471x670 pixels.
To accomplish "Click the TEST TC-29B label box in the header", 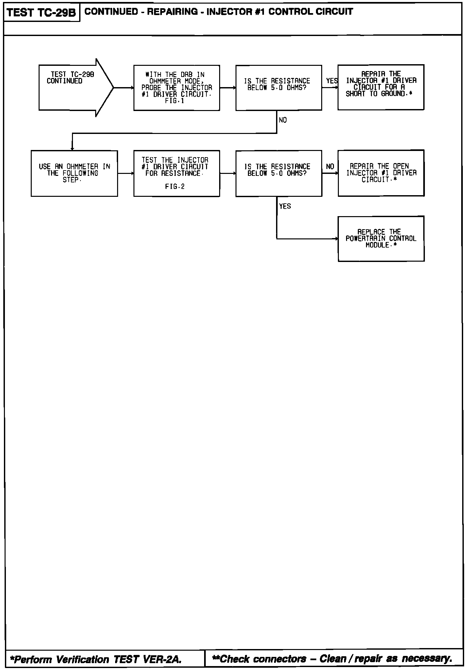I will (42, 12).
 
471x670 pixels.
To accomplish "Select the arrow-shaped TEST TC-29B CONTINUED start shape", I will (72, 87).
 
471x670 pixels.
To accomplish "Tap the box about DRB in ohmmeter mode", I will (177, 88).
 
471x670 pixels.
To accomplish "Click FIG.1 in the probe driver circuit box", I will (175, 101).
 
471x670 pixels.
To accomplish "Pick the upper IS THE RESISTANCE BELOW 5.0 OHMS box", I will (279, 88).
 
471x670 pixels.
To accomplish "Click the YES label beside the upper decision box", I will (332, 81).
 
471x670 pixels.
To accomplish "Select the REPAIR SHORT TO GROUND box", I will (381, 87).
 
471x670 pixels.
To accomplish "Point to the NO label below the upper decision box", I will (283, 120).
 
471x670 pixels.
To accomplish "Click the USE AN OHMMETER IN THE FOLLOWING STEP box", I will (74, 173).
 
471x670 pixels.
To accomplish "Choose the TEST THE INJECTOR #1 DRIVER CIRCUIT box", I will (177, 173).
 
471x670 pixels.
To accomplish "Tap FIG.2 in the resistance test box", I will (175, 187).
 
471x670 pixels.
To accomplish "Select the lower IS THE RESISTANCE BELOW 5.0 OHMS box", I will (279, 173).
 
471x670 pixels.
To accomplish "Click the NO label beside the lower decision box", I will (330, 167).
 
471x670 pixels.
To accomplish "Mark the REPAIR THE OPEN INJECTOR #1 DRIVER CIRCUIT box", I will (381, 173).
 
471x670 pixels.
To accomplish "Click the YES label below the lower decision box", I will (285, 206).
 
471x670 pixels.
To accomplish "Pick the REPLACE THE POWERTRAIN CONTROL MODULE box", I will (381, 239).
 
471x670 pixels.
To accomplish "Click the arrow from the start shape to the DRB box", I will (124, 88).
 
